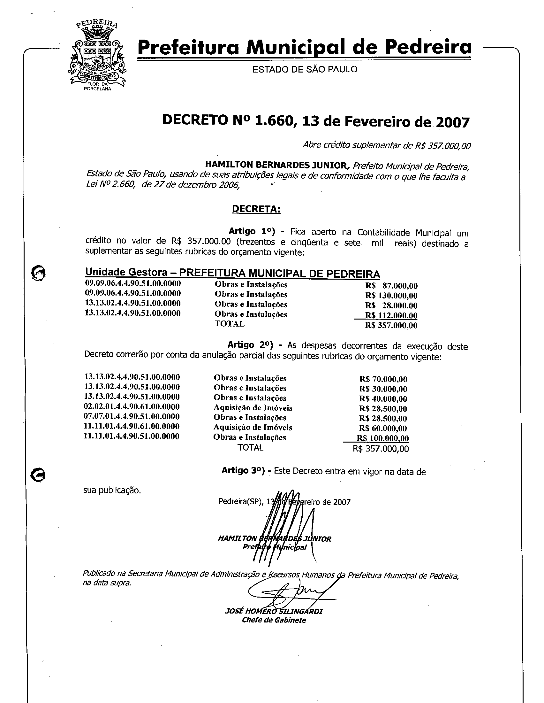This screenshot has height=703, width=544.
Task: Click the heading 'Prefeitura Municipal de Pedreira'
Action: [304, 47]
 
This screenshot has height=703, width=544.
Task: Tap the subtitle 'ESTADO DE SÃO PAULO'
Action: [305, 69]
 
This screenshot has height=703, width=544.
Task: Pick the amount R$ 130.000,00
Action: [391, 296]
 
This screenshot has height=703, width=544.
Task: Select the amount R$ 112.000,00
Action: [391, 315]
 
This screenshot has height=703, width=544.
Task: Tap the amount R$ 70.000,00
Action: [383, 379]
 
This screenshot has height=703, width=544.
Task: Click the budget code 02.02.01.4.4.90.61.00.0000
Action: [132, 406]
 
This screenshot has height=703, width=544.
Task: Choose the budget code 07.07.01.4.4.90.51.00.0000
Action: [132, 416]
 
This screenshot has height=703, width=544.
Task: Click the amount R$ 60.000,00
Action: [383, 429]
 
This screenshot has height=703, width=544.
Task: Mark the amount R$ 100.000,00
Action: [382, 438]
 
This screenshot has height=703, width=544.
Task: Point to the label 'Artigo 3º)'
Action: [243, 471]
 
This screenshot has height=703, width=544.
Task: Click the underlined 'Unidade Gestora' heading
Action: [126, 272]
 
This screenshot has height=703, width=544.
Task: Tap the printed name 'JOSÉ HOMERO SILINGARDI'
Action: [274, 612]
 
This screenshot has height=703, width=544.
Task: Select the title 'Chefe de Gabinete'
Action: [274, 620]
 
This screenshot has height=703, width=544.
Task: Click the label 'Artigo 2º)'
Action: [250, 345]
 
